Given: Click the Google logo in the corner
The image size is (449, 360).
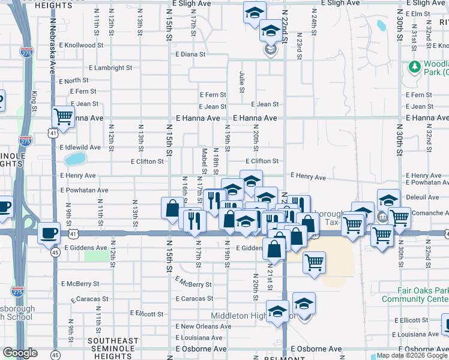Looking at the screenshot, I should click(20, 353).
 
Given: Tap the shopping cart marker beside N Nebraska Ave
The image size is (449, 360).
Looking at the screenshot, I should click(63, 116).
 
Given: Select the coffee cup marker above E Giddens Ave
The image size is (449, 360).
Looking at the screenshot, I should click(48, 233).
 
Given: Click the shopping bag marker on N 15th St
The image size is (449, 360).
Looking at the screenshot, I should click(172, 208).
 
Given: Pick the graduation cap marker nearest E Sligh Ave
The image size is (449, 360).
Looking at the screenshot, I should click(255, 11).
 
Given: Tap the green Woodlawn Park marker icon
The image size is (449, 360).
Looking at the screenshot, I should click(414, 67).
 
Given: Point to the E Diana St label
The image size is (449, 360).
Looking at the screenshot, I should click(191, 54).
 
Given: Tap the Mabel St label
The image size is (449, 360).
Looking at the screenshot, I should click(204, 162).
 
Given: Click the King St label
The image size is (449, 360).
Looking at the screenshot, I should click(34, 101).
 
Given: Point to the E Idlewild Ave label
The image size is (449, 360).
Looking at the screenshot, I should click(80, 147).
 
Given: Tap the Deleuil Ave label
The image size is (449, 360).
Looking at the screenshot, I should click(423, 197).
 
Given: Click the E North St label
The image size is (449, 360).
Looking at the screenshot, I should click(75, 80).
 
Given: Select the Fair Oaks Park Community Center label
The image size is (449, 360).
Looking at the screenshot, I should click(415, 295).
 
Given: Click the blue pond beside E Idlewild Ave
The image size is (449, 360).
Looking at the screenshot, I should click(75, 159).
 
